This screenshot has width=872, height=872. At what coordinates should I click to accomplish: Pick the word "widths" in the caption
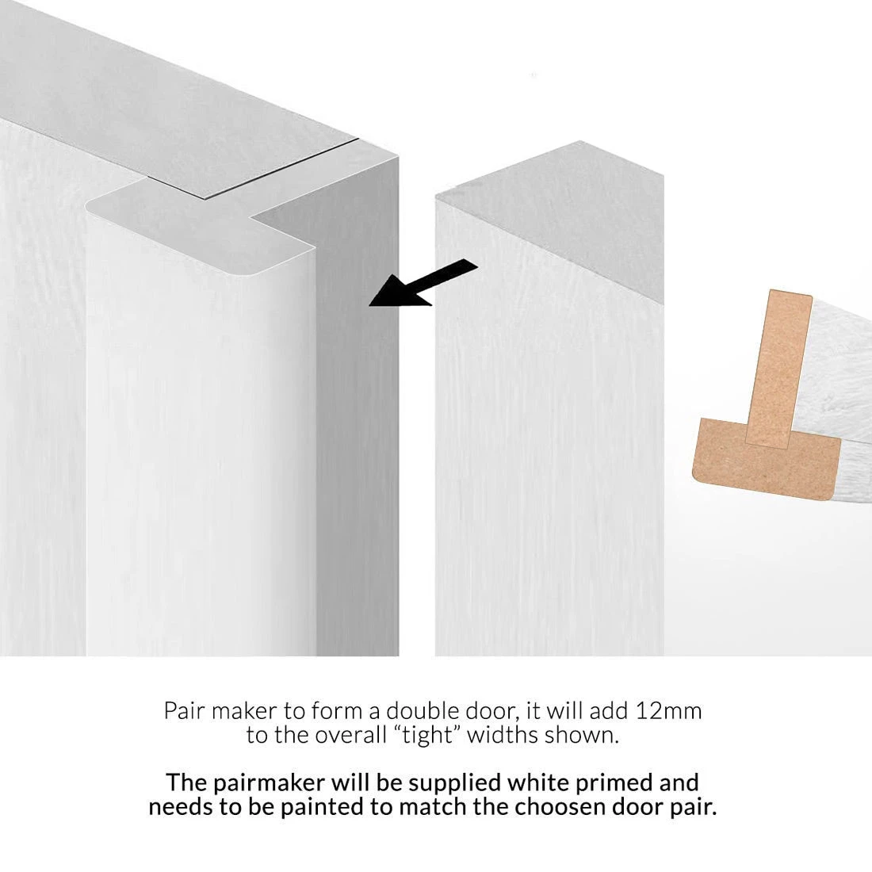pyautogui.click(x=503, y=735)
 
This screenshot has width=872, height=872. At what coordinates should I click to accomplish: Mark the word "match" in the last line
pyautogui.click(x=477, y=809)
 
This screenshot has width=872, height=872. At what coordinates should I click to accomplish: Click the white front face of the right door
pyautogui.click(x=547, y=476)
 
